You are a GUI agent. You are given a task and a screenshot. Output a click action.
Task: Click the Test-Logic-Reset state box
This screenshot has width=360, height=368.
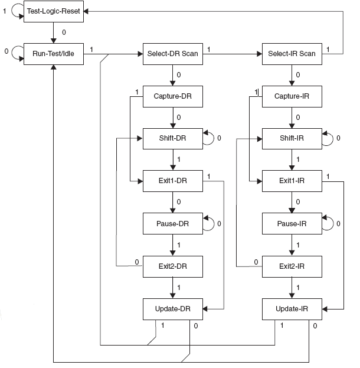point(53,11)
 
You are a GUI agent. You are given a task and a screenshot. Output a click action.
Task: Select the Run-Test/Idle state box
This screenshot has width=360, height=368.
point(53,54)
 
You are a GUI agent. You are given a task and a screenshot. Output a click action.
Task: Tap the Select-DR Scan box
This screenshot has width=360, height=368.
point(173,54)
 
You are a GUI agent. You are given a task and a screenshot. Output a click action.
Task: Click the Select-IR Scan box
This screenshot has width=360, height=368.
point(292,54)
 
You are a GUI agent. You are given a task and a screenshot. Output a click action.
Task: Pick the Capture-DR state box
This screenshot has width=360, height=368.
point(173,96)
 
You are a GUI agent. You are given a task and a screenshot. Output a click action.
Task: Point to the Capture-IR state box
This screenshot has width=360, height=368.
point(292,96)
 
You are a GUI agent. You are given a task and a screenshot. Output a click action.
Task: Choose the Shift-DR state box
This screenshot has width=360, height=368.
point(173,139)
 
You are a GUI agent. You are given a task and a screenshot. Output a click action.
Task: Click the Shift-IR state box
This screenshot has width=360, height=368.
point(292,139)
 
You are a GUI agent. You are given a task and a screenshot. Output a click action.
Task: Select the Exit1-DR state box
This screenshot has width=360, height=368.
point(173,181)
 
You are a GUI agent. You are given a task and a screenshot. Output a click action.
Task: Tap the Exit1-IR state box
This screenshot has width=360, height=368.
point(292,181)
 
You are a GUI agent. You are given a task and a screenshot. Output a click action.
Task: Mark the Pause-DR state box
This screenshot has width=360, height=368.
point(173,224)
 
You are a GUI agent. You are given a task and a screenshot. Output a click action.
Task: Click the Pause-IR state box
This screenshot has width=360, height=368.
point(292,224)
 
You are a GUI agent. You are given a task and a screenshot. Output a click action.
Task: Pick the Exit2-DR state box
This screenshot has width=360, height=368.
point(173,266)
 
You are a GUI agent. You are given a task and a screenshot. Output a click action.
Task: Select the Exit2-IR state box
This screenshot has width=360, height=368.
point(292,266)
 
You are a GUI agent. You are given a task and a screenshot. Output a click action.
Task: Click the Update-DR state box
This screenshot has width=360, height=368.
point(173,308)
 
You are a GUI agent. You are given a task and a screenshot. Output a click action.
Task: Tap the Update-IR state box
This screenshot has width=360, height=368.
point(292,308)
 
